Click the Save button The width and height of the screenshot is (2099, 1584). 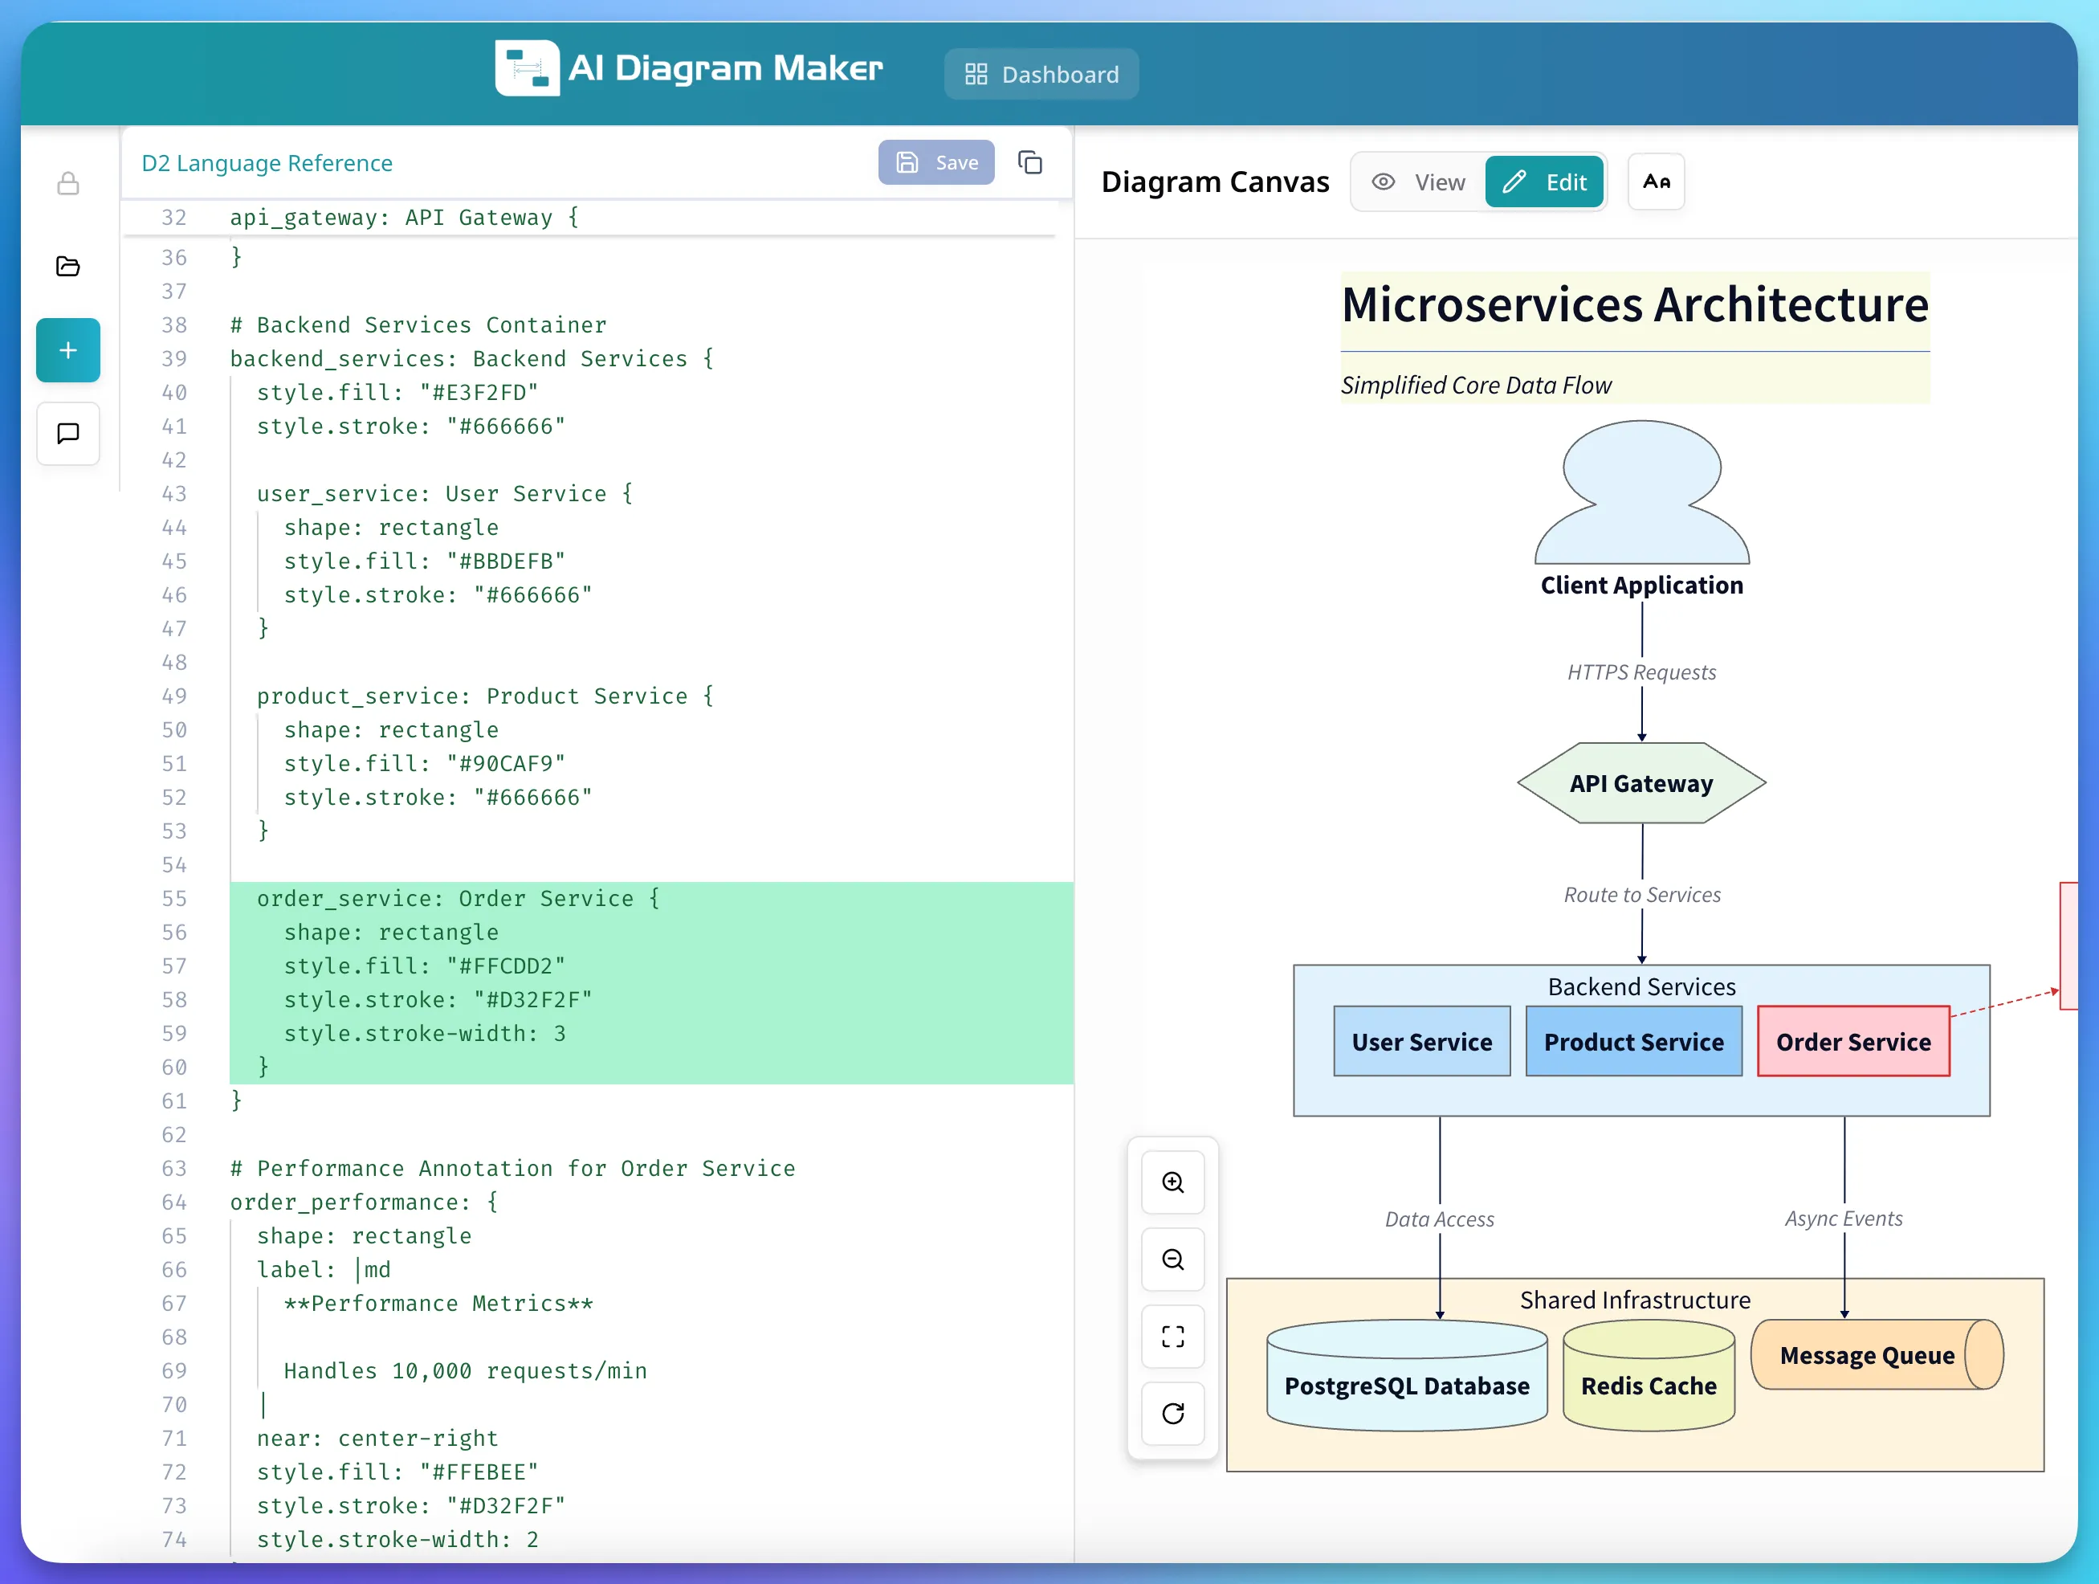[935, 162]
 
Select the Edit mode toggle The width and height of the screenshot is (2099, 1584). [1544, 182]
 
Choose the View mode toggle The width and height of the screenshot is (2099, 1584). [1419, 182]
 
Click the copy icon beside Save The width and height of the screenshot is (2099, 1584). [1029, 162]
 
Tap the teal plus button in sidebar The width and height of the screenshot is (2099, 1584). [68, 350]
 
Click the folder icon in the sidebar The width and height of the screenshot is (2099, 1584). [68, 267]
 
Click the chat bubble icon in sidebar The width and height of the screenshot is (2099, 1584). [68, 434]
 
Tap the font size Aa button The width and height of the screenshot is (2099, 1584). [1656, 182]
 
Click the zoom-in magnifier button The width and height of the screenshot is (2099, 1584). [1173, 1182]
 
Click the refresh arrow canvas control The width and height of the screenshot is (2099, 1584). [1173, 1413]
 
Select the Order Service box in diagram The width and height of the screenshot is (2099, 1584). [1852, 1041]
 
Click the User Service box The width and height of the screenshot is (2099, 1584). [1421, 1041]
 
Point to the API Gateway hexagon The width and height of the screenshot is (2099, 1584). [1640, 783]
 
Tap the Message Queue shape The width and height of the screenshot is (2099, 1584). [1866, 1355]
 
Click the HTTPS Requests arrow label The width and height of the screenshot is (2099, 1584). [1641, 672]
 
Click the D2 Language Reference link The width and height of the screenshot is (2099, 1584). [267, 163]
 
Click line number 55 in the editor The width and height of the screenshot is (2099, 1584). [173, 899]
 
